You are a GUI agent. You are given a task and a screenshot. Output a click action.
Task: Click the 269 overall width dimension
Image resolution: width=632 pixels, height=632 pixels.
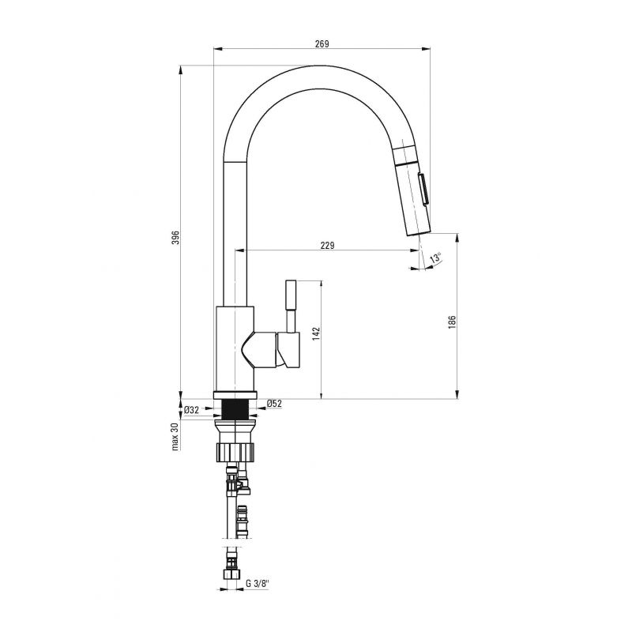click(x=322, y=44)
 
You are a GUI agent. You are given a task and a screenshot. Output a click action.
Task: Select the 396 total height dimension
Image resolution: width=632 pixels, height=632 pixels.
click(x=175, y=238)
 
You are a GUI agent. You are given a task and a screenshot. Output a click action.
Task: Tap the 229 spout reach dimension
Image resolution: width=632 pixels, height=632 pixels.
click(x=327, y=245)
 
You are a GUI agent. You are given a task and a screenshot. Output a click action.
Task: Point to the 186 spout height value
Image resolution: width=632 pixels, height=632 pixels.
click(x=452, y=322)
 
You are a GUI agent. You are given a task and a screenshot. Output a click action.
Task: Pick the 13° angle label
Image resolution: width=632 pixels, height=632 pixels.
click(x=436, y=258)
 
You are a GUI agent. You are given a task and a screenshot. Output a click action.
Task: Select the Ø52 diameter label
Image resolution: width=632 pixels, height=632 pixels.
click(x=274, y=403)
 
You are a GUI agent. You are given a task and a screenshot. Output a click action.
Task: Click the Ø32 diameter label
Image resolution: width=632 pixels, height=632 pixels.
click(x=191, y=410)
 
